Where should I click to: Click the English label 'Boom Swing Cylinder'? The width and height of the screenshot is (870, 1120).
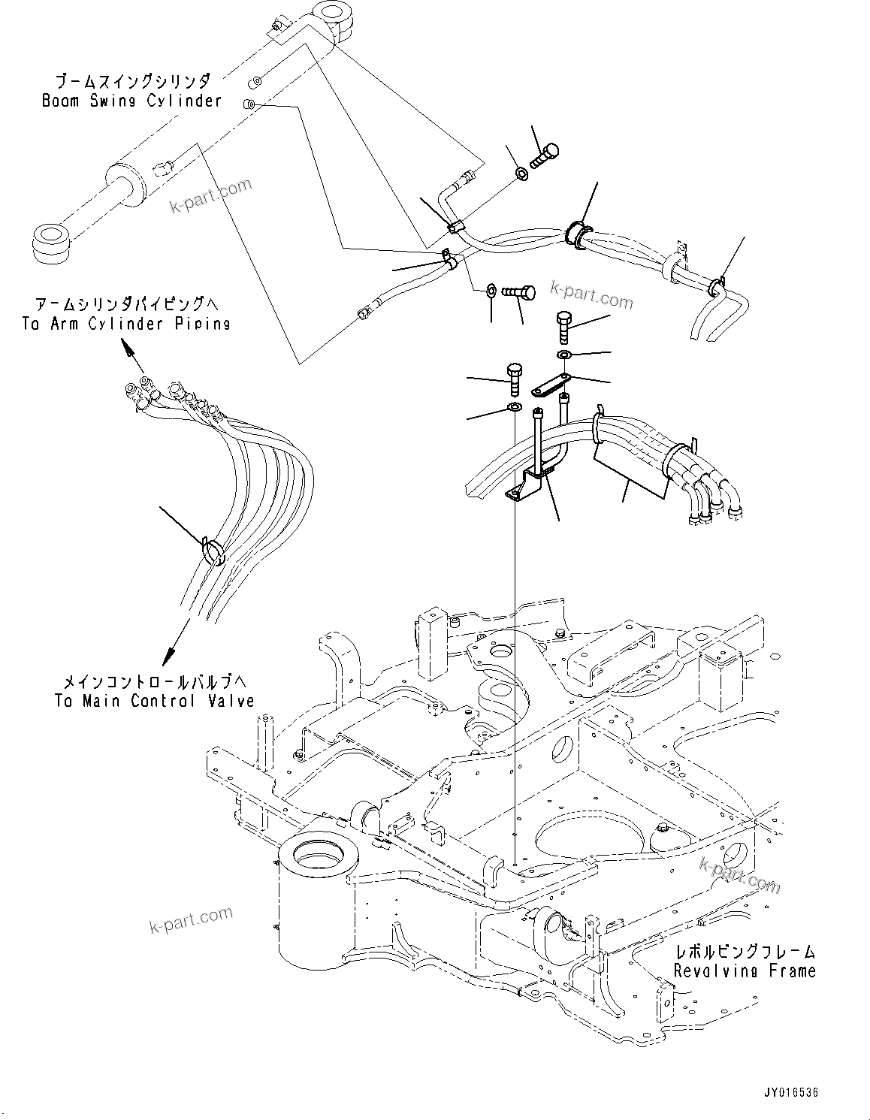[x=131, y=100]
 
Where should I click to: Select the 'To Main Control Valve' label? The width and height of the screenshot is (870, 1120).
[x=154, y=701]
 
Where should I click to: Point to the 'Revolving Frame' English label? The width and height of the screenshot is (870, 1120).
[x=744, y=971]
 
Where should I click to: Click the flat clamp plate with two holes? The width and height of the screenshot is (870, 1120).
[x=552, y=386]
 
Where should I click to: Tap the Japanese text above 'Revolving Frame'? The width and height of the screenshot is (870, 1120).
[x=743, y=952]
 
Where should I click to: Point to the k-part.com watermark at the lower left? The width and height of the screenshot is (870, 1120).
[x=191, y=919]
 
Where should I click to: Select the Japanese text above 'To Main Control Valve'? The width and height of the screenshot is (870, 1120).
[x=153, y=682]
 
